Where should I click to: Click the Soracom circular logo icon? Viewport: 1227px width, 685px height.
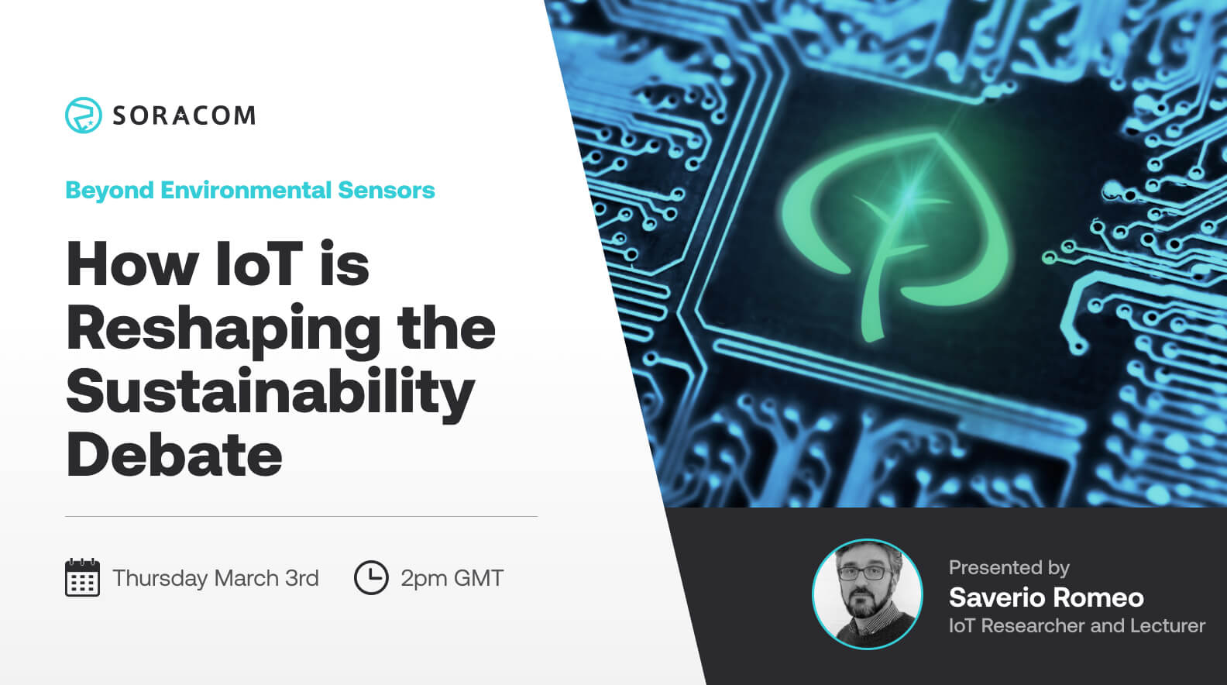click(83, 115)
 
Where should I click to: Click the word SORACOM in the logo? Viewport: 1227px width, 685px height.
click(184, 115)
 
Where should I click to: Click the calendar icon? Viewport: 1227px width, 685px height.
click(82, 578)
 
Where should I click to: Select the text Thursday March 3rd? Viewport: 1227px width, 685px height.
click(215, 579)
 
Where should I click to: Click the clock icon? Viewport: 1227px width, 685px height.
click(371, 578)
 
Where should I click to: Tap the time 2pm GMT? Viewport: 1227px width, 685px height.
click(452, 579)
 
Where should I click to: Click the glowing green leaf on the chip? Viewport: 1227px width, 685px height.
click(899, 225)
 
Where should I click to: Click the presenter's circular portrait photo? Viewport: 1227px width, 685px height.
click(867, 594)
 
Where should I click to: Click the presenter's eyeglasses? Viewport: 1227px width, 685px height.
click(862, 573)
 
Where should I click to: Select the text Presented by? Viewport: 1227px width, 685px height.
click(1009, 568)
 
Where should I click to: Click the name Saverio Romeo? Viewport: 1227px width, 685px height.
click(1046, 597)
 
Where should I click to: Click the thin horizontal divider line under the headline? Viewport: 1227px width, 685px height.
click(301, 516)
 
